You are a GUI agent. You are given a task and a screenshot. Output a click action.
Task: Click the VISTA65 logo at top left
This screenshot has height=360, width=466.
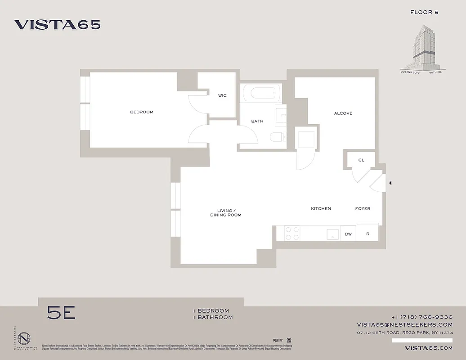[57, 25]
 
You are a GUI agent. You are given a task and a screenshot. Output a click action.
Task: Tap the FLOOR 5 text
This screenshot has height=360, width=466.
[424, 12]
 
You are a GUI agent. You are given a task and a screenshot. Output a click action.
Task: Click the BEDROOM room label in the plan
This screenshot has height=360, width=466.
[142, 112]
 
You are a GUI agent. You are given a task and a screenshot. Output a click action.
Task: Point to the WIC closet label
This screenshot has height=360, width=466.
[222, 95]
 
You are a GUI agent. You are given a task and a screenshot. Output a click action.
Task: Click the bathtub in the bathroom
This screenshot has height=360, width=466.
[261, 94]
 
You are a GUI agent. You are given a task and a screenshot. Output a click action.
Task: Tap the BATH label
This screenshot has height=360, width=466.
[257, 121]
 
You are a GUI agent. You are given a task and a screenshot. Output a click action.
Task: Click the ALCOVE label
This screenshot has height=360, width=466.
[343, 113]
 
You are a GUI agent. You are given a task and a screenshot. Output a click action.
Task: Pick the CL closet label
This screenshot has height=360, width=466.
[361, 160]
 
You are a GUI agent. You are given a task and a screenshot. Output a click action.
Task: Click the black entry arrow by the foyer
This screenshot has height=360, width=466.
[390, 183]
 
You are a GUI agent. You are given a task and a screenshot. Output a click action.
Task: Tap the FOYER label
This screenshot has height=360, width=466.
[363, 209]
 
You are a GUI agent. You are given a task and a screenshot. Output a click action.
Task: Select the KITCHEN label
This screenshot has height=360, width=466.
[321, 209]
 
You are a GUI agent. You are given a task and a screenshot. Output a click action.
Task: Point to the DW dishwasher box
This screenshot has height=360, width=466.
[348, 234]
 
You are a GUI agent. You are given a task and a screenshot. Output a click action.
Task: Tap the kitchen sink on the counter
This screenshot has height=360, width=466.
[332, 234]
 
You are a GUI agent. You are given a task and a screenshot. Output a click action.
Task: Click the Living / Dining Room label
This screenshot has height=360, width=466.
[226, 213]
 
